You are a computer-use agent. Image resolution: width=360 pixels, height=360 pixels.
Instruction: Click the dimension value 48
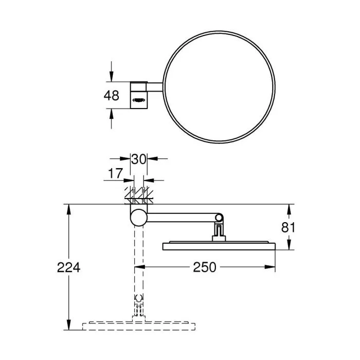point(112,95)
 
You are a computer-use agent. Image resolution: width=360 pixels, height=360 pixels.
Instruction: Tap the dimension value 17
point(116,174)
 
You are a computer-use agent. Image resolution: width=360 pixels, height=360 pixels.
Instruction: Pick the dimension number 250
point(204,267)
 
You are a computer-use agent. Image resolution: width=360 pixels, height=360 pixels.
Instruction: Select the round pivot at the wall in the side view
point(138,218)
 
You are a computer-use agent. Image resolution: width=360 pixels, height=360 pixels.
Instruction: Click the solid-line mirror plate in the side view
point(220,246)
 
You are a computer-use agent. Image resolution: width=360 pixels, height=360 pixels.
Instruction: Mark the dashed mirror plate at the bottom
point(139,326)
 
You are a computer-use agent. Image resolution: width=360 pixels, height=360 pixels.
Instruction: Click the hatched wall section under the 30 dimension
point(137,194)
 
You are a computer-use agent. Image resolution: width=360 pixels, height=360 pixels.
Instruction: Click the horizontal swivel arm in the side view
point(180,218)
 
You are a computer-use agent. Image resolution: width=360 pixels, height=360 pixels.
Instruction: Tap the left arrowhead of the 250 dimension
point(139,267)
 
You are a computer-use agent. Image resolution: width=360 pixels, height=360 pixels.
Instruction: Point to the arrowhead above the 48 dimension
point(112,77)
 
